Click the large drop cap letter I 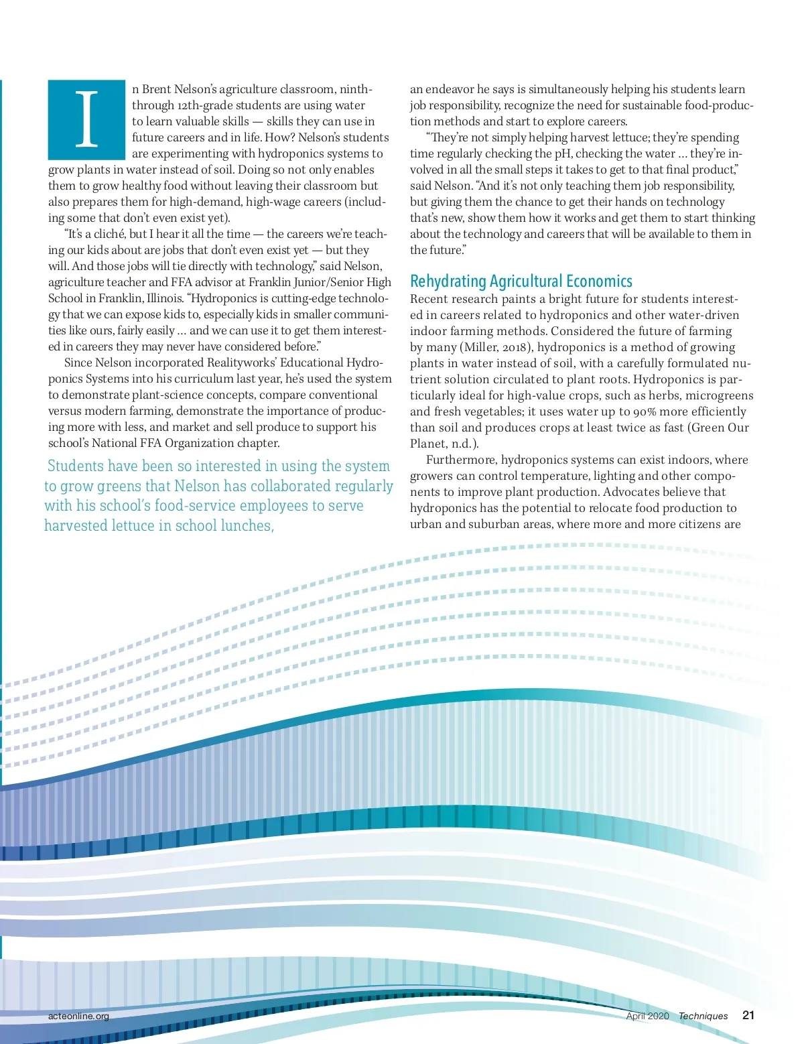coord(86,119)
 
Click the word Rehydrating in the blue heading coord(448,281)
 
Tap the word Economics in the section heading coord(599,281)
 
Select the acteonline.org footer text coord(78,1016)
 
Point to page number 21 coord(748,1015)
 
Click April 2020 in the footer coord(647,1016)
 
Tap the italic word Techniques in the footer coord(703,1016)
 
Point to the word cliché coord(109,234)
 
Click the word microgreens coord(719,395)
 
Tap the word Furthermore coord(462,460)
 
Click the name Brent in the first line coord(157,89)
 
